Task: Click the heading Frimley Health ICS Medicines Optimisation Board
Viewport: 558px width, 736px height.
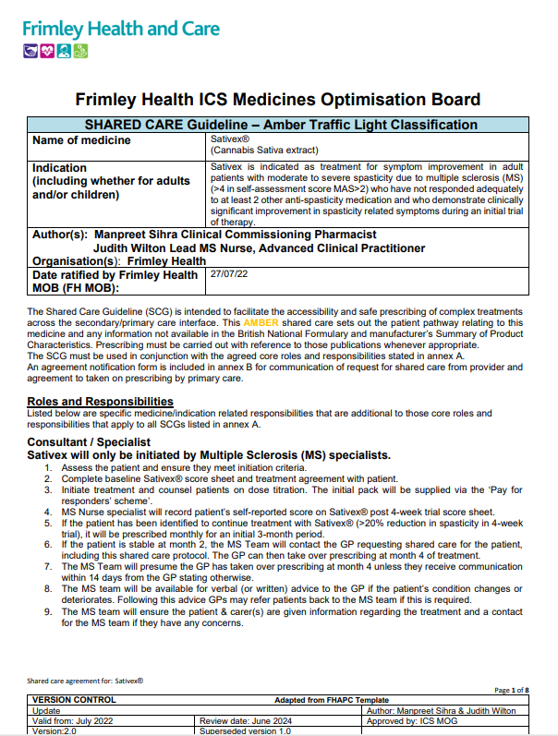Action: [x=277, y=100]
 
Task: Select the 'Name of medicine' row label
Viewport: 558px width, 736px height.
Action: [x=81, y=140]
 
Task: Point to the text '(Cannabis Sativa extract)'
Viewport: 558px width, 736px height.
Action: [x=264, y=149]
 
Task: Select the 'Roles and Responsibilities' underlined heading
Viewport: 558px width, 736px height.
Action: [x=101, y=401]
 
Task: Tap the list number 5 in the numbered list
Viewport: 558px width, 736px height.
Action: [x=49, y=522]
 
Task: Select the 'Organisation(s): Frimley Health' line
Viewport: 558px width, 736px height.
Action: [x=119, y=261]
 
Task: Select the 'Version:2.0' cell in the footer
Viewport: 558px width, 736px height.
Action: [x=57, y=730]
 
